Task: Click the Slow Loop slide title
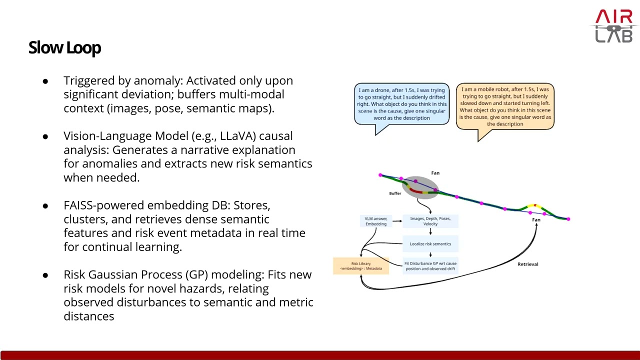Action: (x=65, y=47)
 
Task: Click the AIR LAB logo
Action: (x=614, y=26)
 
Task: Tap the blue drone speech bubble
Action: (x=401, y=104)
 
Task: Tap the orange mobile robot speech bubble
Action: (x=505, y=106)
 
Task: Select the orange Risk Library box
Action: (x=360, y=266)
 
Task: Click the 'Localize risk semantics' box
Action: (x=430, y=244)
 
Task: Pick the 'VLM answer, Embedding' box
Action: (x=376, y=221)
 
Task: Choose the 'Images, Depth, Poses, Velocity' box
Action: (x=430, y=221)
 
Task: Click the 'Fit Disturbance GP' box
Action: (x=430, y=266)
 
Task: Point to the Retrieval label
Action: (x=527, y=264)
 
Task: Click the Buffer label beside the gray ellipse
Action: (x=395, y=193)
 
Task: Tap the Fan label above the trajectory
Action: (x=435, y=173)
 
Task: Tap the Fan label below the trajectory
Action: (x=536, y=220)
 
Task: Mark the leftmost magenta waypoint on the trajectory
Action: (x=380, y=175)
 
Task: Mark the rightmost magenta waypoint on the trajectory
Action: (x=568, y=219)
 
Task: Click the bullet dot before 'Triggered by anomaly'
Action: (x=45, y=81)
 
